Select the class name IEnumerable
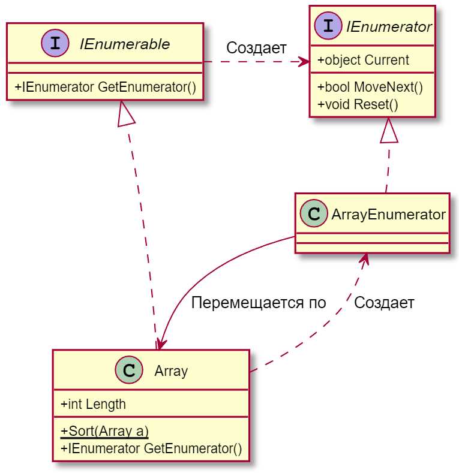click(124, 44)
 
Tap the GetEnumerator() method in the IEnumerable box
click(105, 87)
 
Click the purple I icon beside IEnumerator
click(329, 27)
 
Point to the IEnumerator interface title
click(389, 27)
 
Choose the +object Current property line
click(363, 60)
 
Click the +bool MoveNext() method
click(370, 87)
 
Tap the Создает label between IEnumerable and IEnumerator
click(256, 48)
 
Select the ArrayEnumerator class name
click(388, 214)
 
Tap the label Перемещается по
click(258, 303)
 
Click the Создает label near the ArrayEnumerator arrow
click(384, 303)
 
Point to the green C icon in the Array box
click(128, 370)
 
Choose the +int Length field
click(93, 404)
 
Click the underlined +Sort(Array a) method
click(104, 430)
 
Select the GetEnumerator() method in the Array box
click(151, 448)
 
